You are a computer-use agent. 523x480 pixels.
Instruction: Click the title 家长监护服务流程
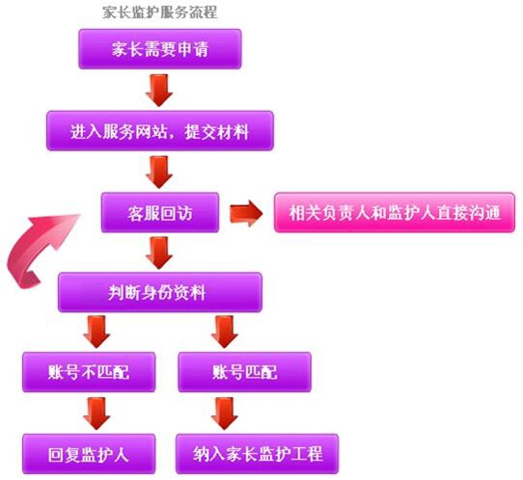pyautogui.click(x=160, y=13)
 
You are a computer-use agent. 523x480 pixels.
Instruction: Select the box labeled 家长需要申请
pyautogui.click(x=160, y=49)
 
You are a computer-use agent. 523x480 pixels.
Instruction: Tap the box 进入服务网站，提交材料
pyautogui.click(x=160, y=131)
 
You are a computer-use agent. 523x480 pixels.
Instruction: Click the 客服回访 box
pyautogui.click(x=160, y=212)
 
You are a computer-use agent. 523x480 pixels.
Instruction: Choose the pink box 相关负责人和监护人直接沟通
pyautogui.click(x=395, y=212)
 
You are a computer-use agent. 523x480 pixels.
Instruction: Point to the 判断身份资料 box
pyautogui.click(x=160, y=292)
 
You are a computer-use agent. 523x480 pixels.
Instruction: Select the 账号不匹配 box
pyautogui.click(x=89, y=372)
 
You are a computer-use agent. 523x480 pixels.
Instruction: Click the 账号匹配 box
pyautogui.click(x=244, y=372)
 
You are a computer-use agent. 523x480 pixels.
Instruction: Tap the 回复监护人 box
pyautogui.click(x=89, y=454)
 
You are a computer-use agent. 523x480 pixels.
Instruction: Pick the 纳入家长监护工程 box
pyautogui.click(x=257, y=454)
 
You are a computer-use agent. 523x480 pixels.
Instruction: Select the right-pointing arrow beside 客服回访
pyautogui.click(x=246, y=214)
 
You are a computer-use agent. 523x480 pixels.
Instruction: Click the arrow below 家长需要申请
pyautogui.click(x=159, y=91)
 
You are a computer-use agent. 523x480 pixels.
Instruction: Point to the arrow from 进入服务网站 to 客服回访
pyautogui.click(x=159, y=172)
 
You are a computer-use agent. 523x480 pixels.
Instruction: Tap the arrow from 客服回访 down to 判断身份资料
pyautogui.click(x=159, y=253)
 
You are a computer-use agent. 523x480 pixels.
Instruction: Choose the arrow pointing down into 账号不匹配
pyautogui.click(x=96, y=333)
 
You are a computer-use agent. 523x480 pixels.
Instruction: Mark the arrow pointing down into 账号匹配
pyautogui.click(x=225, y=333)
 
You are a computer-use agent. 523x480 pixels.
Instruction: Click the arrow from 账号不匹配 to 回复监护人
pyautogui.click(x=96, y=413)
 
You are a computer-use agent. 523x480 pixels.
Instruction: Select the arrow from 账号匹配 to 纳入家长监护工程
pyautogui.click(x=225, y=413)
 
